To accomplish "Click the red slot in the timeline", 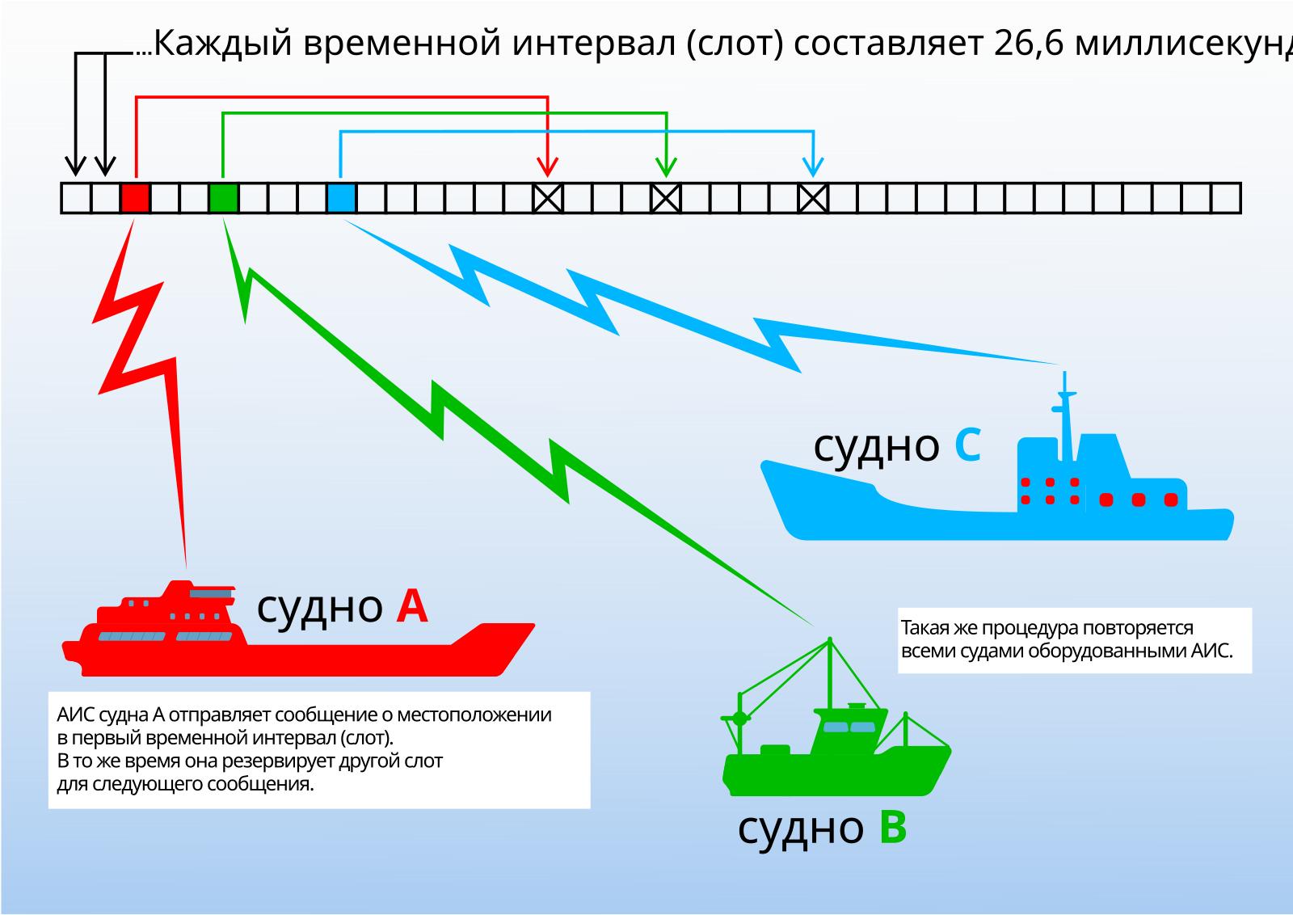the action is pyautogui.click(x=135, y=198).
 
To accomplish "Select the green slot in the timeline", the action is pyautogui.click(x=223, y=198).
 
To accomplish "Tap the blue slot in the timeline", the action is pyautogui.click(x=341, y=198).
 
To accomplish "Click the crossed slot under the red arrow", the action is pyautogui.click(x=547, y=198).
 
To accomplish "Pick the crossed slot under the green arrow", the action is pyautogui.click(x=666, y=198).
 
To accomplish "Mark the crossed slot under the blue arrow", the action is pyautogui.click(x=813, y=198).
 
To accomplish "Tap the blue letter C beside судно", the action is pyautogui.click(x=967, y=445).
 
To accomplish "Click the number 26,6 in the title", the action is pyautogui.click(x=1028, y=44).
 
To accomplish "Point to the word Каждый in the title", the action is pyautogui.click(x=223, y=44).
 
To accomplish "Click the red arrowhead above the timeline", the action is pyautogui.click(x=547, y=167).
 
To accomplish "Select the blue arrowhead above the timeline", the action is pyautogui.click(x=813, y=167).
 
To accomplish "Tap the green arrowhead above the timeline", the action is pyautogui.click(x=666, y=167).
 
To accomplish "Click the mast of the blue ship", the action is pyautogui.click(x=1065, y=416).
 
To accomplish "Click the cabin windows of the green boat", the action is pyautogui.click(x=849, y=726).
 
